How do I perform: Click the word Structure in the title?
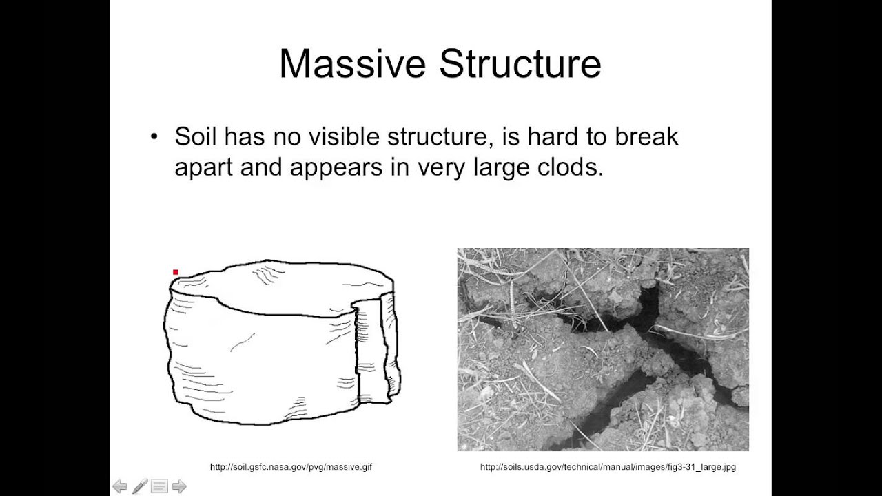coord(520,64)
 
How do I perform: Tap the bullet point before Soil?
coord(154,136)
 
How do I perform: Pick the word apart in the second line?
coord(204,167)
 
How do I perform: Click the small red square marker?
coord(176,273)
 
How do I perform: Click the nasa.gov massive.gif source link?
coord(291,467)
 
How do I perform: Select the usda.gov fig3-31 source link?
coord(608,467)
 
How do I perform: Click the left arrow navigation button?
coord(120,487)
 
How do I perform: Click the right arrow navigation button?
coord(179,487)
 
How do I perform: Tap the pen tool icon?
coord(140,487)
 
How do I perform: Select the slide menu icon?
coord(159,487)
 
